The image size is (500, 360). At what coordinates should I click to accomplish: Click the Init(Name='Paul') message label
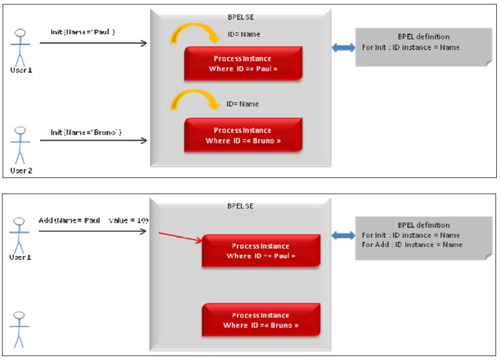[x=83, y=32]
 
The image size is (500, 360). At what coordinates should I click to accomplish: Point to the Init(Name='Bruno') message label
[x=86, y=132]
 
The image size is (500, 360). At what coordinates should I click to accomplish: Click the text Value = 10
[x=129, y=220]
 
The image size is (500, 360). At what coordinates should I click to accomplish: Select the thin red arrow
[x=180, y=238]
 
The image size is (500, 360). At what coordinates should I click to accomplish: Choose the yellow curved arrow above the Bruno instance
[x=192, y=101]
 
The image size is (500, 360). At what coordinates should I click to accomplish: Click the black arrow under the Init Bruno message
[x=94, y=141]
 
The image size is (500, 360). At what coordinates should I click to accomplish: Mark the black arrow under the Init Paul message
[x=93, y=43]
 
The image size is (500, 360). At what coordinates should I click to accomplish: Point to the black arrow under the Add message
[x=93, y=230]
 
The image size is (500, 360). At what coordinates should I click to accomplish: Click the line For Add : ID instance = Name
[x=412, y=245]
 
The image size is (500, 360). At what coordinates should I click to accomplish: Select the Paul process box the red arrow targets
[x=261, y=250]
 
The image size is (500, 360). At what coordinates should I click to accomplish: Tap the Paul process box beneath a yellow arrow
[x=243, y=63]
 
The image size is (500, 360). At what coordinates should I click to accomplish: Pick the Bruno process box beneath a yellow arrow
[x=243, y=135]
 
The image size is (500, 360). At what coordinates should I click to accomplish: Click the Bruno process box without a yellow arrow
[x=261, y=320]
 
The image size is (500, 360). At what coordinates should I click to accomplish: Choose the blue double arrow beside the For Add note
[x=343, y=236]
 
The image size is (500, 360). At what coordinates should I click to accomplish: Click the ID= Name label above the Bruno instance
[x=243, y=104]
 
